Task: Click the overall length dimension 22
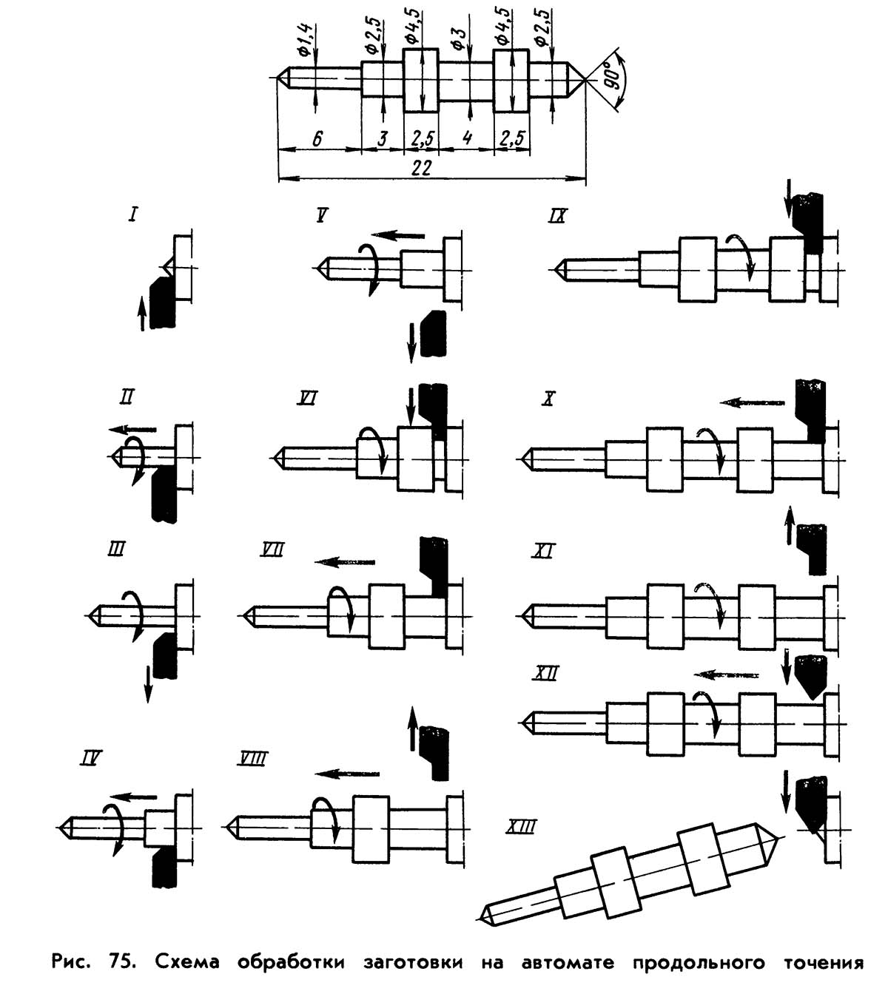click(x=421, y=169)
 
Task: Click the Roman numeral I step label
click(x=133, y=215)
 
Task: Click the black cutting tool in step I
click(x=162, y=302)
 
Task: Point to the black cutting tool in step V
click(x=434, y=334)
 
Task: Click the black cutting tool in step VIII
click(x=434, y=752)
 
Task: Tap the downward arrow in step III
click(x=148, y=683)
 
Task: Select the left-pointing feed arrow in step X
click(x=753, y=402)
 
